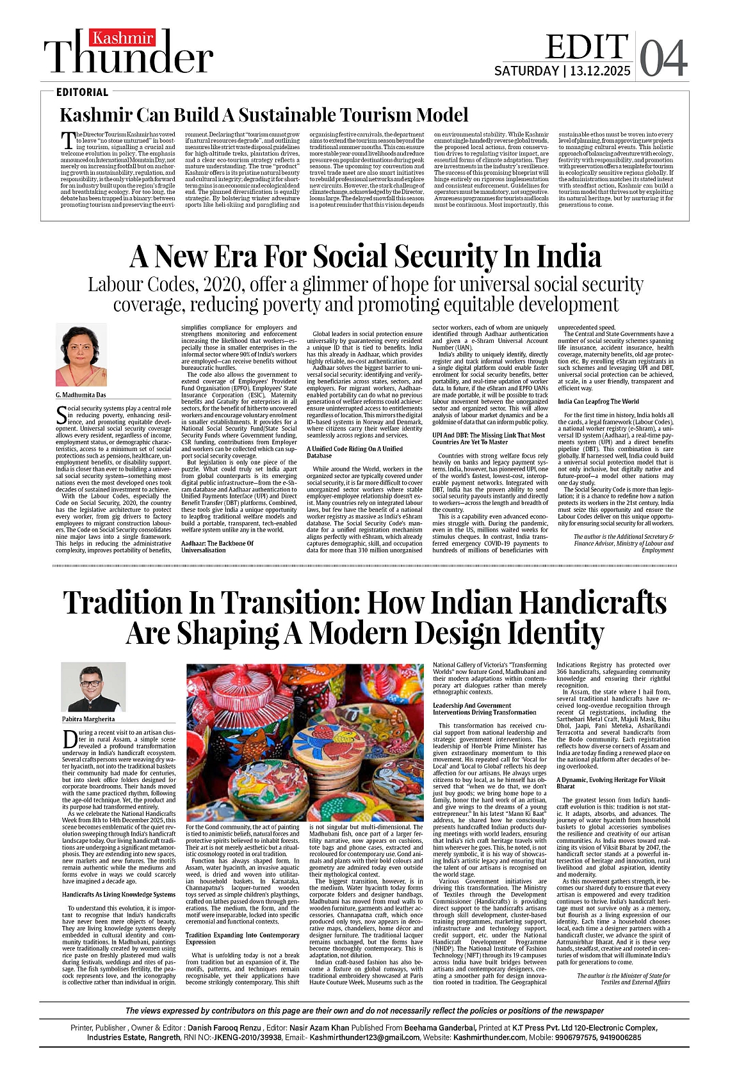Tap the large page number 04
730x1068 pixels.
pyautogui.click(x=663, y=58)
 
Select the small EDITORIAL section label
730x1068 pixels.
pyautogui.click(x=82, y=92)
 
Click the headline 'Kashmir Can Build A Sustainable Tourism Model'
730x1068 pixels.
pyautogui.click(x=264, y=115)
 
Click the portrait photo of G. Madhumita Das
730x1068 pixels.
pyautogui.click(x=81, y=355)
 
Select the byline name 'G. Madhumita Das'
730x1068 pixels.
pyautogui.click(x=81, y=395)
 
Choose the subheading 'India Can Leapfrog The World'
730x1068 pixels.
pyautogui.click(x=598, y=401)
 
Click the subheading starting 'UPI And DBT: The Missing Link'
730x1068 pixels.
pyautogui.click(x=489, y=438)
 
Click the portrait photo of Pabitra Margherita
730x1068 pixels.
pyautogui.click(x=93, y=687)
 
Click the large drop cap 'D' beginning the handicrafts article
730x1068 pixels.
pyautogui.click(x=70, y=740)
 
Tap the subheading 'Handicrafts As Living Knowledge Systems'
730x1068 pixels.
pyautogui.click(x=118, y=895)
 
